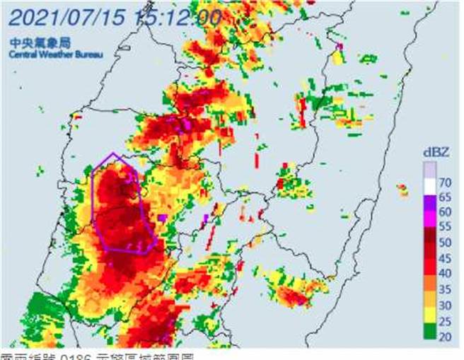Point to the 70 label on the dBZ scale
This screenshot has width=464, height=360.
pos(446,183)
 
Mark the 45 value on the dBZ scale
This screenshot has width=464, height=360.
pos(446,259)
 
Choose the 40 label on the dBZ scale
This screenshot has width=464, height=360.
pos(446,274)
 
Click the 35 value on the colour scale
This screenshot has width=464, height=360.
pos(446,289)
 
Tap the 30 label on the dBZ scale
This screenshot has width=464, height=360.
pos(446,304)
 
